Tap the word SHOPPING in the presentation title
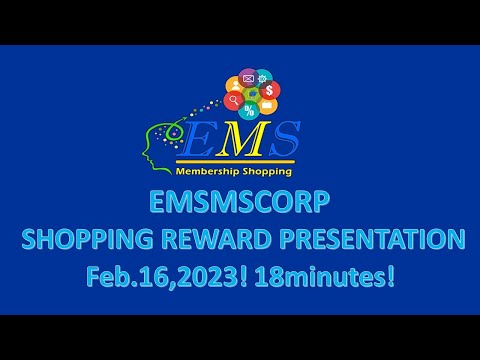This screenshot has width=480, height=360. (81, 240)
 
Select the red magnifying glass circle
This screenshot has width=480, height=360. (233, 101)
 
